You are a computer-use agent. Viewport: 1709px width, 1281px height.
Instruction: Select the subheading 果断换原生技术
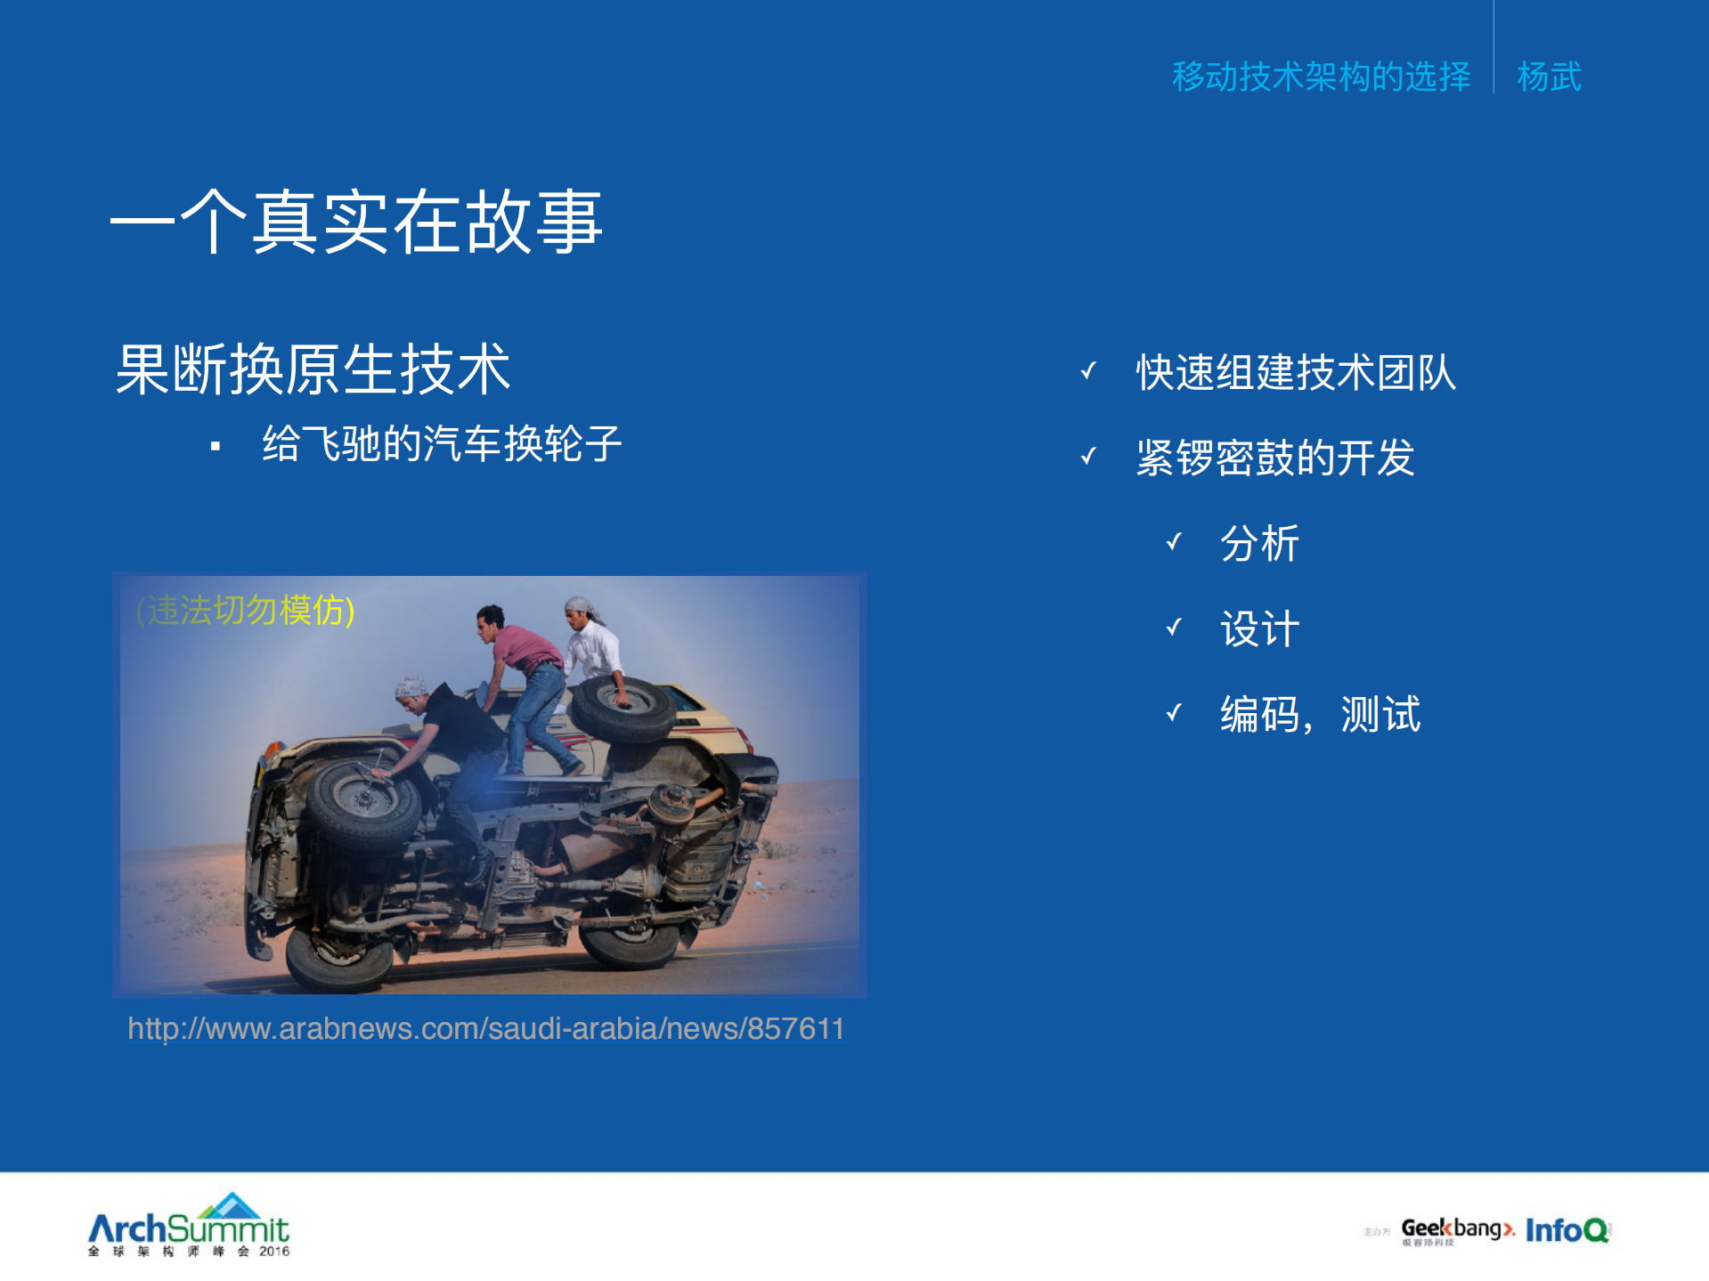coord(313,369)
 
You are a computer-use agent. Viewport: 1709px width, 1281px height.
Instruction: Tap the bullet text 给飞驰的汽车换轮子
coord(442,443)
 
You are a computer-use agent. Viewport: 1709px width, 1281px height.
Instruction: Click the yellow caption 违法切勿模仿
coord(246,611)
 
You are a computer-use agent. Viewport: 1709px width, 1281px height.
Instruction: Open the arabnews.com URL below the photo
coord(485,1028)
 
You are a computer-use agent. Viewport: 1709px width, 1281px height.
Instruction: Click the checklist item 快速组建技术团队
coord(1296,372)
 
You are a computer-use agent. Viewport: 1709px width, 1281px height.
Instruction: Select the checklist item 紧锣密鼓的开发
coord(1275,458)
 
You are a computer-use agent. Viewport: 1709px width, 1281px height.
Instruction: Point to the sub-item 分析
coord(1259,543)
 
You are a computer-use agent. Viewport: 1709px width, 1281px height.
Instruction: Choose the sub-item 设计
coord(1259,628)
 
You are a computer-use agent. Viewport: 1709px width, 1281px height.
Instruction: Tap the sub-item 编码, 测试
coord(1320,714)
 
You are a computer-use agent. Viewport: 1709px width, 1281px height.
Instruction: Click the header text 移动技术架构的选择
coord(1321,77)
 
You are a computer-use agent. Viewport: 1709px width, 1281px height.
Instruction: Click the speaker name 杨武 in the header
coord(1550,77)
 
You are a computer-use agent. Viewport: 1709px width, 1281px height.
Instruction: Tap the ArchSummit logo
coord(189,1226)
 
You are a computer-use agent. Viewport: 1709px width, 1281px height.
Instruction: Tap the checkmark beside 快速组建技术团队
coord(1087,371)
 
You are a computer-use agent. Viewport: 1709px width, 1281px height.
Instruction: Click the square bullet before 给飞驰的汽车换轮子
coord(215,446)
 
